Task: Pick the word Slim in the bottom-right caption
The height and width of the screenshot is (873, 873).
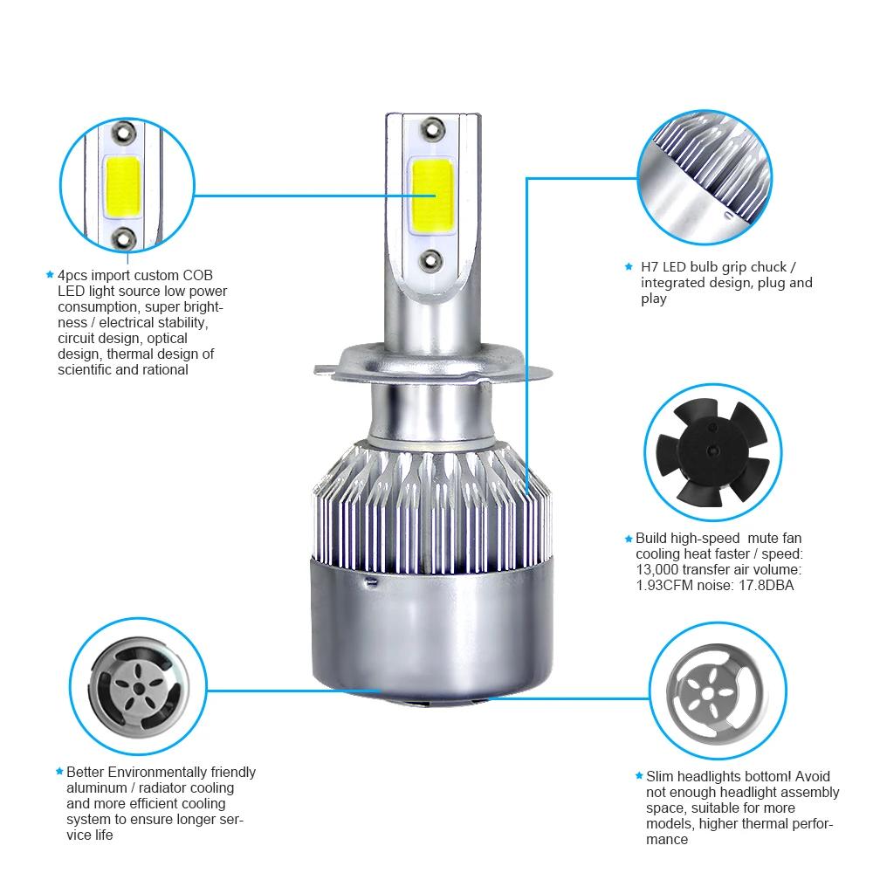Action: pyautogui.click(x=661, y=776)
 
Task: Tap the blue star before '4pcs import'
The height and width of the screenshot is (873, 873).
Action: pyautogui.click(x=50, y=275)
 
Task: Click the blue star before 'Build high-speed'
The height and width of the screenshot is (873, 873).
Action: pyautogui.click(x=628, y=539)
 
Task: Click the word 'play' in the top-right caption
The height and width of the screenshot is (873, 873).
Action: pyautogui.click(x=653, y=299)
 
